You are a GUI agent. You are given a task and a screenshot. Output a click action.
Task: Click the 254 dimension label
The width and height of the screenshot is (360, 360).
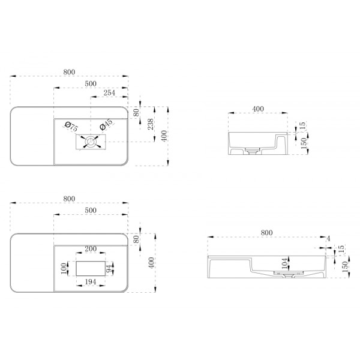click(109, 93)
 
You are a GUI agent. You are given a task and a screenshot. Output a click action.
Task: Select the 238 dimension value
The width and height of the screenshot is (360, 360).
click(151, 124)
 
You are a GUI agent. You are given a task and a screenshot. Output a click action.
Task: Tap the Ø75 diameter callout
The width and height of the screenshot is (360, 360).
click(71, 127)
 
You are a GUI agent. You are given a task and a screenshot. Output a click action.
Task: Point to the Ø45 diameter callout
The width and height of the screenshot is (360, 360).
click(106, 124)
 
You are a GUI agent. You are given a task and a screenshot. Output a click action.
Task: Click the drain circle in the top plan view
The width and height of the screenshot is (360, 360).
click(91, 142)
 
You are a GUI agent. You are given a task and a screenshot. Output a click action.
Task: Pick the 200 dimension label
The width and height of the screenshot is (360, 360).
click(91, 248)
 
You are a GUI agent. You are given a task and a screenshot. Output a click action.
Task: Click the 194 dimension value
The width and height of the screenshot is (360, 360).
click(91, 282)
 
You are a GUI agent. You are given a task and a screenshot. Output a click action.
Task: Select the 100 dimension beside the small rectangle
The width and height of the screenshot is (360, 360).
click(64, 268)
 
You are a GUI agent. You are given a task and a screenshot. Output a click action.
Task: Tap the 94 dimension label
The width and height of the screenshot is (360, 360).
click(110, 268)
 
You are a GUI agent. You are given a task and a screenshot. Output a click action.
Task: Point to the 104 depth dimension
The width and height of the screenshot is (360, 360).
click(284, 263)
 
